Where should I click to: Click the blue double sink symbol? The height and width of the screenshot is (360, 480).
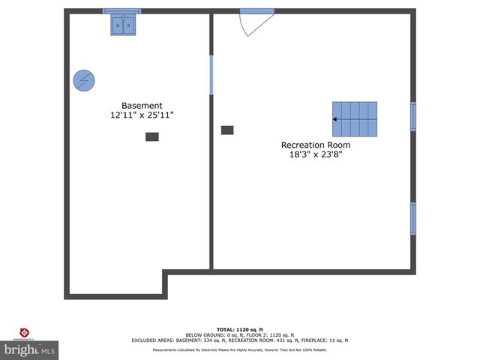point(125,25)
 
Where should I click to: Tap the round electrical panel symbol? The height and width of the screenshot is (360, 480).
point(84,80)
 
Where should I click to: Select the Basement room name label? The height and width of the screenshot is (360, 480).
point(142,106)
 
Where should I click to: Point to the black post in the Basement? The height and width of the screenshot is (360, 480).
point(152,136)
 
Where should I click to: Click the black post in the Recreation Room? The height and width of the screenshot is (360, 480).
point(227,130)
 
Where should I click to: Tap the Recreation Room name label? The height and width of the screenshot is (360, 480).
point(315,145)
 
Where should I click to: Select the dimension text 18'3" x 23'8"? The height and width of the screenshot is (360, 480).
point(315,155)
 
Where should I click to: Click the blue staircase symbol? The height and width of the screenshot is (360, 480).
point(355,119)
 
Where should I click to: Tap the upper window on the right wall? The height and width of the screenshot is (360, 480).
point(412,116)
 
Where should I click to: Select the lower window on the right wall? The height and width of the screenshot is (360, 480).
point(412,218)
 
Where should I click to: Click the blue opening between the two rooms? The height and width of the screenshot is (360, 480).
point(211,74)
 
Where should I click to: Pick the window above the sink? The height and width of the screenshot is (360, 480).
point(121,11)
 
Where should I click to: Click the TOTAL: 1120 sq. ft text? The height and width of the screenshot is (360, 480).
point(240,330)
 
